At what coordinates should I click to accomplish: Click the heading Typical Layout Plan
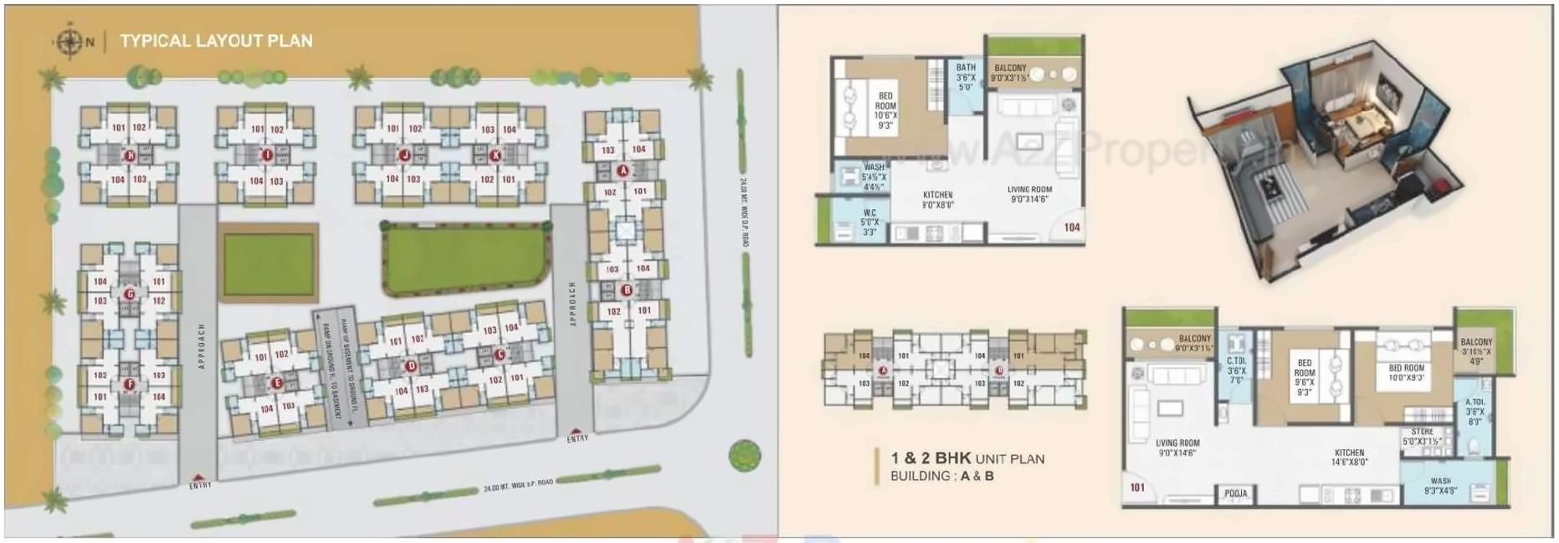216,41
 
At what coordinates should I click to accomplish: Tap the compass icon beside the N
66,41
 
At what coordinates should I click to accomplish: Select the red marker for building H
130,156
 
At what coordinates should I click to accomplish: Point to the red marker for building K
495,155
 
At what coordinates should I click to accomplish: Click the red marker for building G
130,294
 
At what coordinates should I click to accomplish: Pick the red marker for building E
277,383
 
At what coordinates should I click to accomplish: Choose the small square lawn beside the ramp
268,264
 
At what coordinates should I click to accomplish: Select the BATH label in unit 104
966,68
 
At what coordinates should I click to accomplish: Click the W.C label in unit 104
870,213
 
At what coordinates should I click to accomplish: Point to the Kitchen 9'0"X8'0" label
937,199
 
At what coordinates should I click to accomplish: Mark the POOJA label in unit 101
1235,494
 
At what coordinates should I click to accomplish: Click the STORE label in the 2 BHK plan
1422,432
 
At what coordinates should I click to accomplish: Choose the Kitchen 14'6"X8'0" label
1349,457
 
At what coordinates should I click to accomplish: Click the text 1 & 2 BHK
931,458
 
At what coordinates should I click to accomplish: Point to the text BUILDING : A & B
941,476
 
